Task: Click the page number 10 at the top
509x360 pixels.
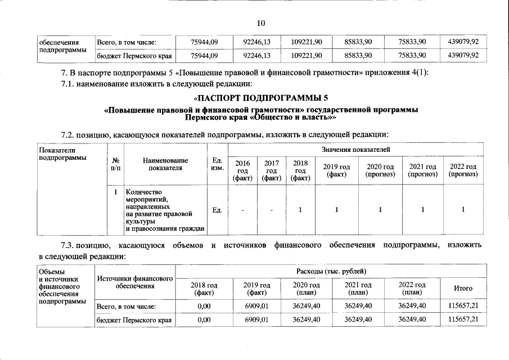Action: coord(260,23)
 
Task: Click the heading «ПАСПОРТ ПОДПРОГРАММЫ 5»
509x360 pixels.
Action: coord(259,98)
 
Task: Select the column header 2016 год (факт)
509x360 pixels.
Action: coord(243,170)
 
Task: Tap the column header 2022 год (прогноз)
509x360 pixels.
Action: coord(463,170)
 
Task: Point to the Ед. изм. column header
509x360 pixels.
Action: coord(217,164)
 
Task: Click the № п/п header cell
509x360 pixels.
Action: coord(116,164)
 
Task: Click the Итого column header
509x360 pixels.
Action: coord(463,289)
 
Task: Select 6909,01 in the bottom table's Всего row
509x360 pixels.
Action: coord(256,305)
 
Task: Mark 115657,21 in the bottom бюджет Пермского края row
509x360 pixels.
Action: coord(463,319)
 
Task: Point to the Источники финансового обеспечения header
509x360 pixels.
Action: coord(135,282)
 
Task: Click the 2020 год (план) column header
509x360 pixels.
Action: coord(307,289)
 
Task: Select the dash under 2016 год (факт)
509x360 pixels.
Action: coord(243,210)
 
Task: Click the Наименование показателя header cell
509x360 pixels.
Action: coord(163,164)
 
